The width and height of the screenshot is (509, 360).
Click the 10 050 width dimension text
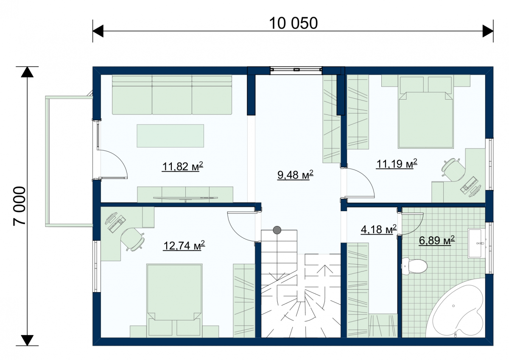293,23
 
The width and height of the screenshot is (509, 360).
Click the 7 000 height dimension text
20,206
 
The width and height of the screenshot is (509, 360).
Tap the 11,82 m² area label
182,167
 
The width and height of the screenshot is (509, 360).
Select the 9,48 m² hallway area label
295,175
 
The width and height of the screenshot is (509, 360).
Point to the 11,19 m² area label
397,164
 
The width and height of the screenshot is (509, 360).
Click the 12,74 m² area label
184,246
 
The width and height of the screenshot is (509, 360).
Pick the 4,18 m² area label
378,229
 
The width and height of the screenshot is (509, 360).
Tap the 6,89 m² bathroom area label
437,240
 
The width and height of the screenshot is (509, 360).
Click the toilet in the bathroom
414,266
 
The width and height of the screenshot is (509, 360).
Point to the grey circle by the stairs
277,230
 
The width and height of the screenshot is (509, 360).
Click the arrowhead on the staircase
326,269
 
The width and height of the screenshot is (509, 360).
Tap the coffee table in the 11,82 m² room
170,136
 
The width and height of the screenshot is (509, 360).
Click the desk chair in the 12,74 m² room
132,239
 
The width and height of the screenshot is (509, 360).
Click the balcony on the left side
69,161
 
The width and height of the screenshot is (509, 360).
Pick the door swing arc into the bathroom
412,224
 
